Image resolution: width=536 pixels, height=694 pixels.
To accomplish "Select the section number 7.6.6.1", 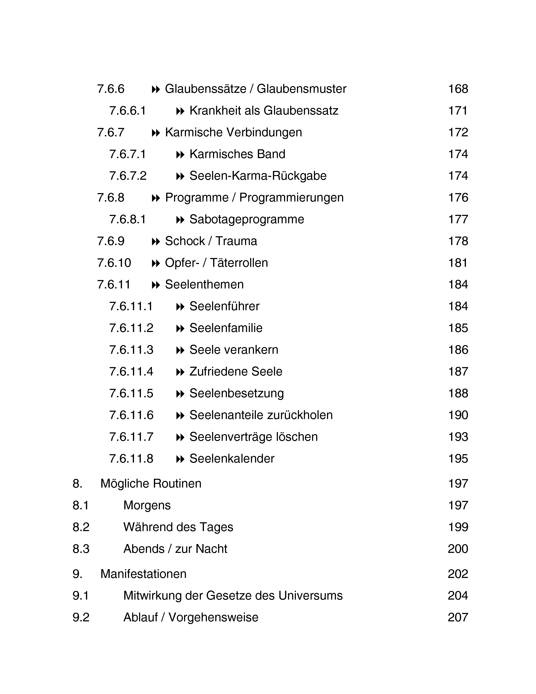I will click(128, 111).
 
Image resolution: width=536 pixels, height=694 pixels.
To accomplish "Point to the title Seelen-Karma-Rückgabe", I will click(258, 176).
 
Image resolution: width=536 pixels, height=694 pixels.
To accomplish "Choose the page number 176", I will click(458, 198).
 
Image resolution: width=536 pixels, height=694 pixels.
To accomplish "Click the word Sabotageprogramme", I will click(247, 219).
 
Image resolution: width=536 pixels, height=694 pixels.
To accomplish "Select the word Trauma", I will click(236, 241).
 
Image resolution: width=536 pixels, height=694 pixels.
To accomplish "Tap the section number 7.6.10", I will click(114, 263).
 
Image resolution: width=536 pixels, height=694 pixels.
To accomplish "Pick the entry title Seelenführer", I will click(224, 306).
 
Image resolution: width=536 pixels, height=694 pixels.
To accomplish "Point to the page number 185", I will click(458, 328).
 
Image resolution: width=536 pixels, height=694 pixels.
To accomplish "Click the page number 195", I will click(458, 459).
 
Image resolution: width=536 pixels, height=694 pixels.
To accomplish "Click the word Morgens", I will click(147, 505).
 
